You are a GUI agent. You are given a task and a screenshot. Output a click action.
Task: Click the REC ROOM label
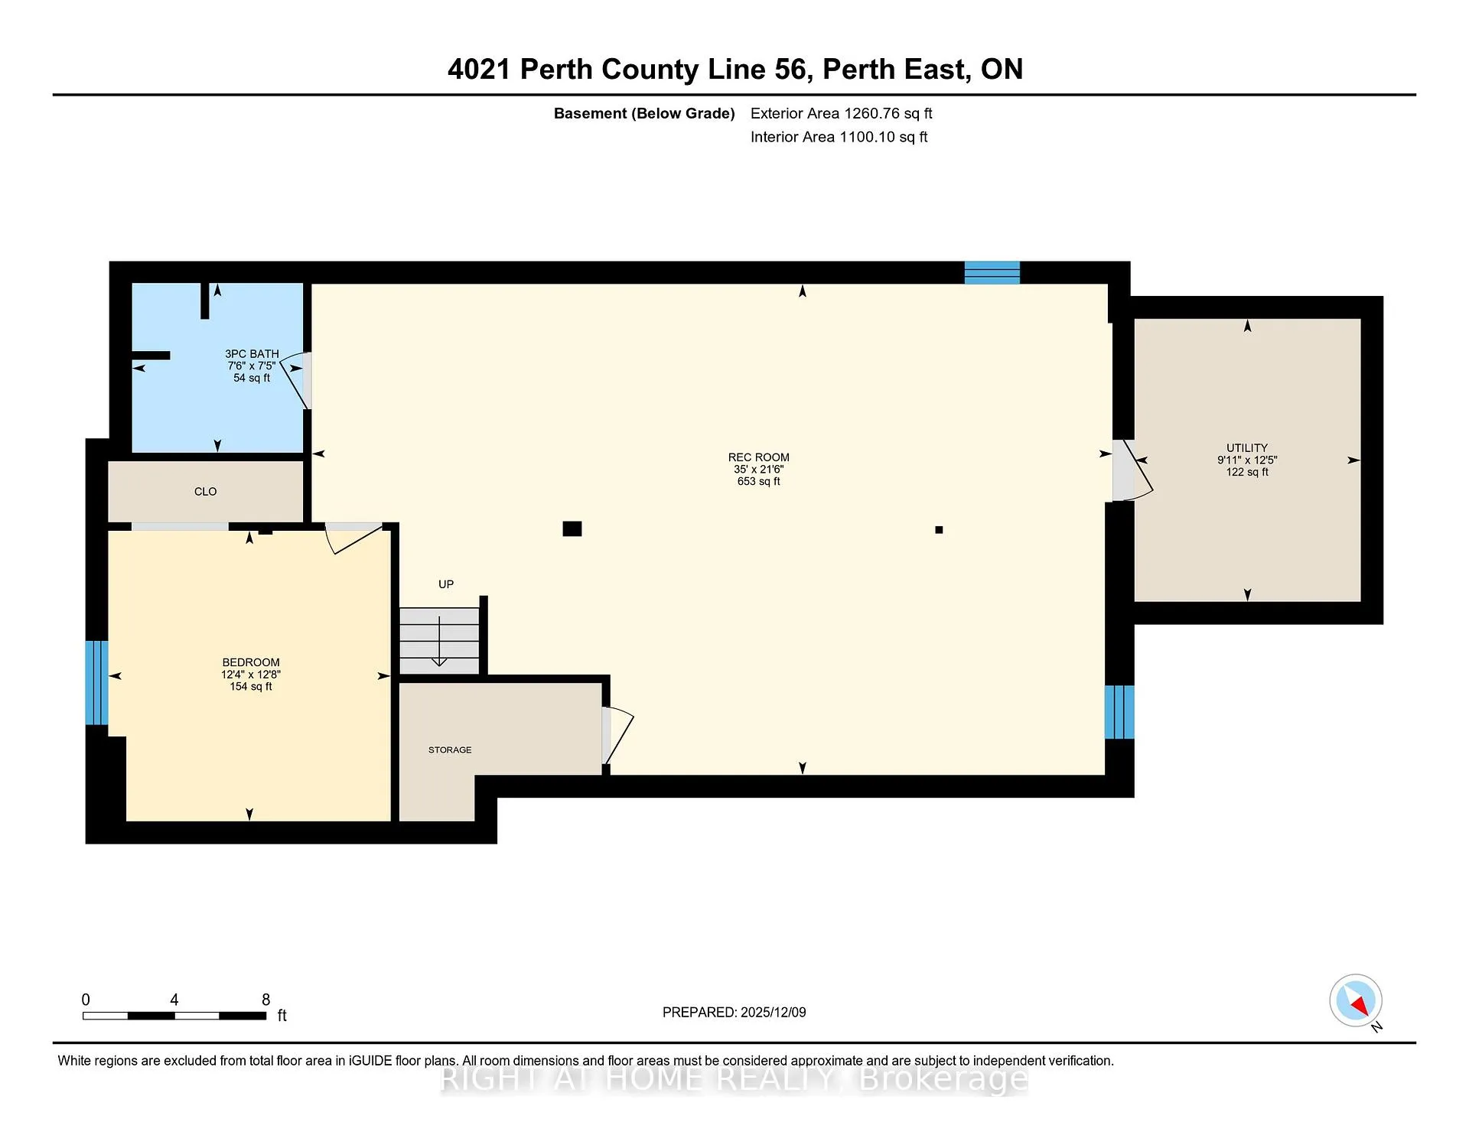(758, 457)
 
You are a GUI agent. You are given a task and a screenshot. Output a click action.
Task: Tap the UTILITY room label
(1247, 448)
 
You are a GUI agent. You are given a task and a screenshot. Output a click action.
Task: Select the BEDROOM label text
(251, 662)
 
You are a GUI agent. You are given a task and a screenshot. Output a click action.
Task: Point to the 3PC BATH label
(252, 354)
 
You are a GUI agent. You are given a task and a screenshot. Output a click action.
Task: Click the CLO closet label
(205, 492)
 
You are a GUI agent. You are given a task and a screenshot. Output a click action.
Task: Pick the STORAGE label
(450, 750)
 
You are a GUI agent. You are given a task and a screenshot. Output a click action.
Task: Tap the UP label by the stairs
(446, 584)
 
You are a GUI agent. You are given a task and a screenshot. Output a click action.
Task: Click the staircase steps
(440, 641)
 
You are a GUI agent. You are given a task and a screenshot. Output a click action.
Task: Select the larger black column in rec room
(572, 528)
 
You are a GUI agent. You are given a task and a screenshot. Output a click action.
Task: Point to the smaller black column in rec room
(939, 529)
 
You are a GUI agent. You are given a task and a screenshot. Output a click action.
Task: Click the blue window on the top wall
(992, 272)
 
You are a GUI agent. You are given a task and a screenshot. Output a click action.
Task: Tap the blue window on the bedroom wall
(96, 682)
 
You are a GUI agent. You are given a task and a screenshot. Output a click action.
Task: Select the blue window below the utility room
(1119, 712)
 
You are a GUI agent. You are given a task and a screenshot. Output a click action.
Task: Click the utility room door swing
(1133, 470)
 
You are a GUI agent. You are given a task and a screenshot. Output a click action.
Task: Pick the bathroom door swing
(295, 380)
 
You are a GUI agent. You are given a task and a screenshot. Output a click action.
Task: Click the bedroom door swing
(353, 538)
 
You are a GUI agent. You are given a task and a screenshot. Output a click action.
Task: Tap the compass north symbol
(1356, 1000)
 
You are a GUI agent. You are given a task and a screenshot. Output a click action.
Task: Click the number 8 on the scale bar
(266, 1000)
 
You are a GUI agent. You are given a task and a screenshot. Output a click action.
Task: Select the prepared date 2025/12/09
(774, 1013)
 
